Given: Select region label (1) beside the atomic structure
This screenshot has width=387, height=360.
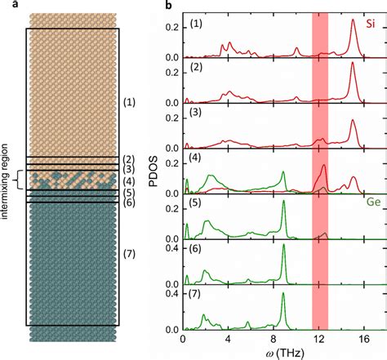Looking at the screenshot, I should (x=130, y=103).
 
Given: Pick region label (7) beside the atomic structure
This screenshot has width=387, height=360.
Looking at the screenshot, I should (x=130, y=263).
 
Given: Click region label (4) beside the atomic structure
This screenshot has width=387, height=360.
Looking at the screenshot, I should (x=130, y=180).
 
